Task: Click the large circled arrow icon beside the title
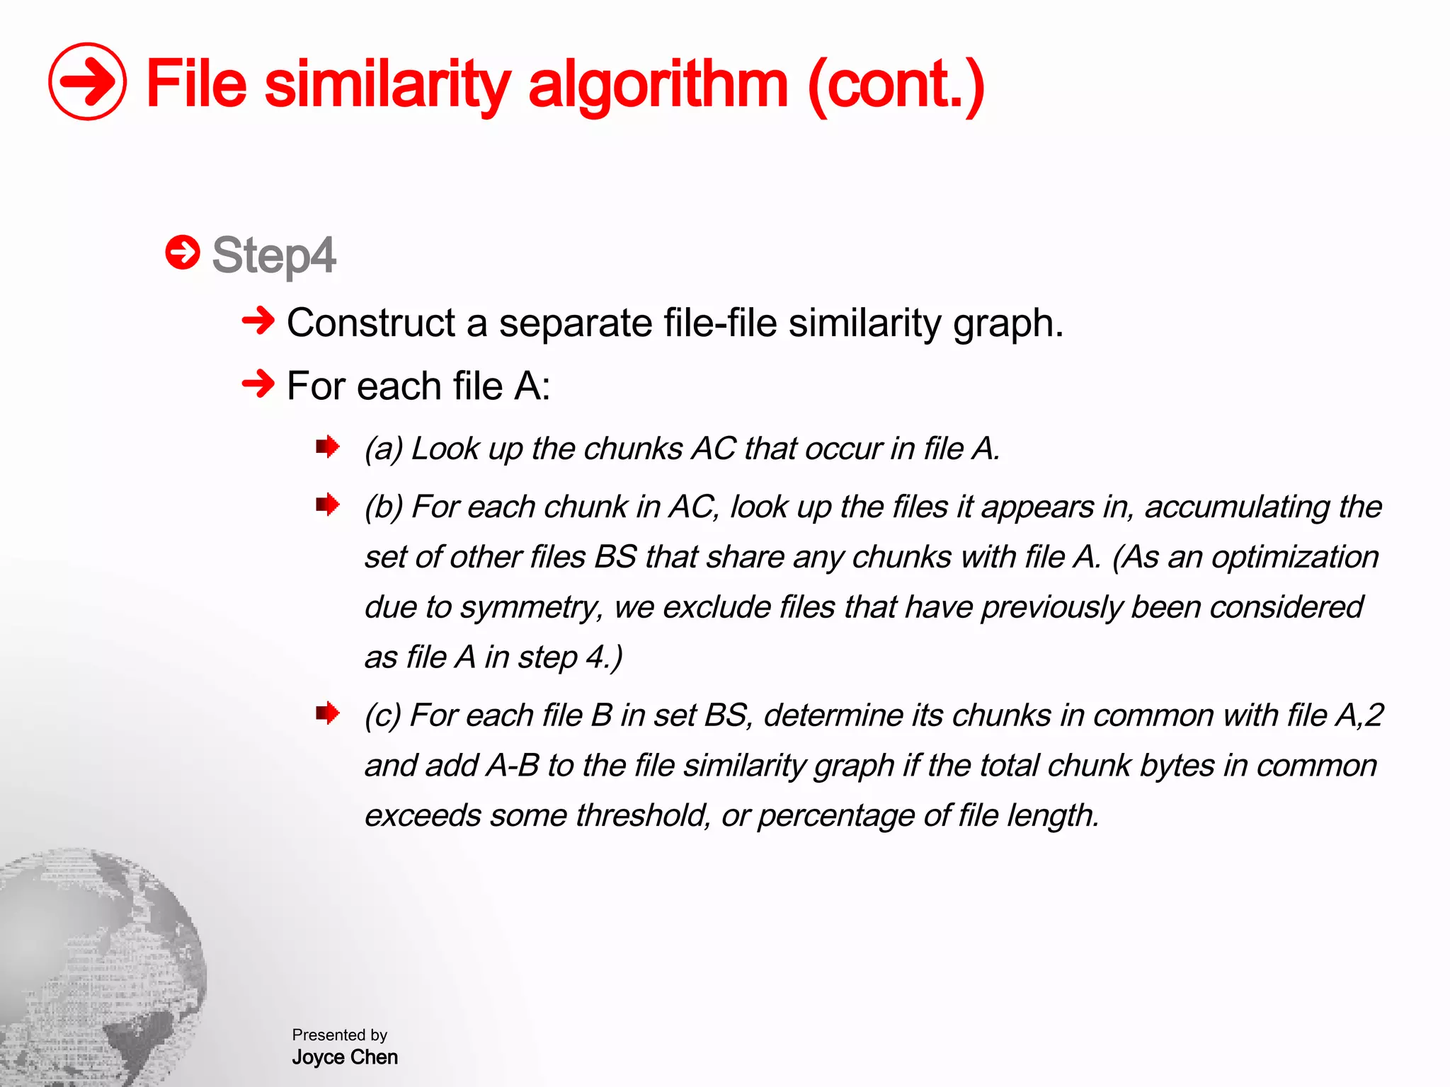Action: (87, 81)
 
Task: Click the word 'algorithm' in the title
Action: (658, 86)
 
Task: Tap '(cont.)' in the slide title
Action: (896, 86)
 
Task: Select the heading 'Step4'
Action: (273, 255)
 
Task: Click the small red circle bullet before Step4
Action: (183, 253)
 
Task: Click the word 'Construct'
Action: (370, 323)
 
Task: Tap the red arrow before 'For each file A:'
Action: (258, 384)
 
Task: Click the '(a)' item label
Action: (383, 449)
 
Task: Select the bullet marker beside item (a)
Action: (327, 447)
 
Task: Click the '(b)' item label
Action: (383, 507)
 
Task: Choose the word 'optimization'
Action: (1295, 557)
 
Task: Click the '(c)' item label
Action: (382, 715)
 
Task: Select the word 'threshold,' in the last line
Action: (642, 815)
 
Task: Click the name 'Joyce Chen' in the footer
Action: (345, 1057)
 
